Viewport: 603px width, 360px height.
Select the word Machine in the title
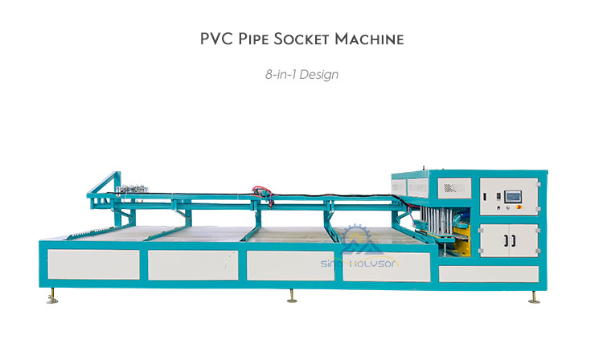click(x=369, y=39)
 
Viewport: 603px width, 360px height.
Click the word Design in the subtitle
click(x=319, y=75)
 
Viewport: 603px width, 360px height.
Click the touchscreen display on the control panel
click(x=513, y=196)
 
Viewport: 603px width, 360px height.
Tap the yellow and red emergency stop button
click(x=519, y=207)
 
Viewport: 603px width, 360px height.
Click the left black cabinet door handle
click(x=506, y=241)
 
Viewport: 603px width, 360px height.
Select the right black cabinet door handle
click(x=513, y=241)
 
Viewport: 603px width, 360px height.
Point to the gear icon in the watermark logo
click(x=356, y=234)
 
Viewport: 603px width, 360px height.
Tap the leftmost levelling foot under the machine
click(x=52, y=296)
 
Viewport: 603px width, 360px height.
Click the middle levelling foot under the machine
click(x=292, y=296)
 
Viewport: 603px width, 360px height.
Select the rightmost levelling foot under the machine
click(x=534, y=297)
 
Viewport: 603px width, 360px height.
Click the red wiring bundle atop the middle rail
click(x=263, y=194)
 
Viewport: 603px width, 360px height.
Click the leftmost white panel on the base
click(x=93, y=264)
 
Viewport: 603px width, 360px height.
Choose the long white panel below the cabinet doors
click(x=488, y=274)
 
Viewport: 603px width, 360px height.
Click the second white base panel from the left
click(x=193, y=265)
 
